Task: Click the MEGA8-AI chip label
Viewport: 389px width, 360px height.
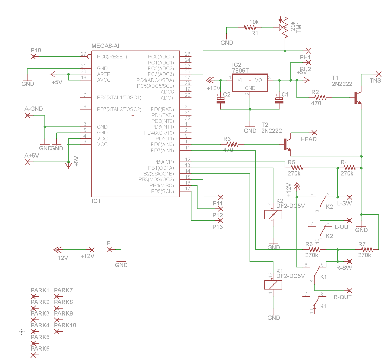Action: [105, 46]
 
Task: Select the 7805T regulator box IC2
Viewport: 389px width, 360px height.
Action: [250, 83]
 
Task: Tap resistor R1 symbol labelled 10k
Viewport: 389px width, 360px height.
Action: [250, 27]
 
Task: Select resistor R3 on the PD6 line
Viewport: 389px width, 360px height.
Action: [232, 144]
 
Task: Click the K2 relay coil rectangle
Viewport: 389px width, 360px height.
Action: [273, 215]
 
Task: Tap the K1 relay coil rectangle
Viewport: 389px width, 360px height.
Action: [273, 285]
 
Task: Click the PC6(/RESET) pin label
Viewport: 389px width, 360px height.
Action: [112, 57]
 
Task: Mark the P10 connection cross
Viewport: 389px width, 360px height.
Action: [33, 57]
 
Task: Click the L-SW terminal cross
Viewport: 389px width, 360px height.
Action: [349, 197]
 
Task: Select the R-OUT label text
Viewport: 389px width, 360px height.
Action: [342, 297]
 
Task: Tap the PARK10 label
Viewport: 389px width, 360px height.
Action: [65, 325]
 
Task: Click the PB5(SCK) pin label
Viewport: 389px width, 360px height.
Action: [162, 191]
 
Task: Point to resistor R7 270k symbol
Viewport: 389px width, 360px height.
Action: [367, 250]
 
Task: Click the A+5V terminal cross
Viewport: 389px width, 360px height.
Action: [28, 162]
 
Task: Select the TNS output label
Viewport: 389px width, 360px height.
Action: [375, 80]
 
